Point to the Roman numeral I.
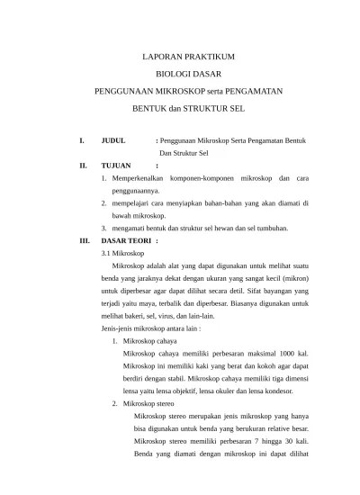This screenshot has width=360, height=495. pyautogui.click(x=81, y=140)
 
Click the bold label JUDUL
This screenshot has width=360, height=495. pyautogui.click(x=114, y=140)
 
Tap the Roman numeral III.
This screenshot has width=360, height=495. pyautogui.click(x=85, y=242)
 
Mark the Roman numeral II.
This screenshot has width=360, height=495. pyautogui.click(x=83, y=166)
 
